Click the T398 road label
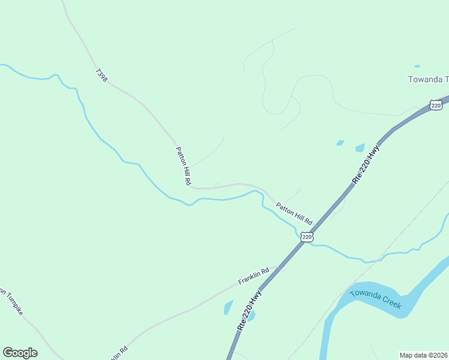click(x=101, y=75)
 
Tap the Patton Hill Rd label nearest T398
click(x=182, y=166)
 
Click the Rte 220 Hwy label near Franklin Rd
click(x=250, y=310)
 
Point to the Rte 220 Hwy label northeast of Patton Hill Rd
click(x=367, y=164)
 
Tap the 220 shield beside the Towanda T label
click(x=436, y=106)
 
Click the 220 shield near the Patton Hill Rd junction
click(x=307, y=237)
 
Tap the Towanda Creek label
click(x=376, y=298)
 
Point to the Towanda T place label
click(x=428, y=79)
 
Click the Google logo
click(x=20, y=352)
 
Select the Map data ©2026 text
click(x=424, y=355)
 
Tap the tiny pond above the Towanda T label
click(x=417, y=66)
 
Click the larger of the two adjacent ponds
click(x=360, y=148)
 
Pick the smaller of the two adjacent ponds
click(x=340, y=143)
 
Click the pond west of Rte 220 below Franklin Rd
click(x=228, y=307)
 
